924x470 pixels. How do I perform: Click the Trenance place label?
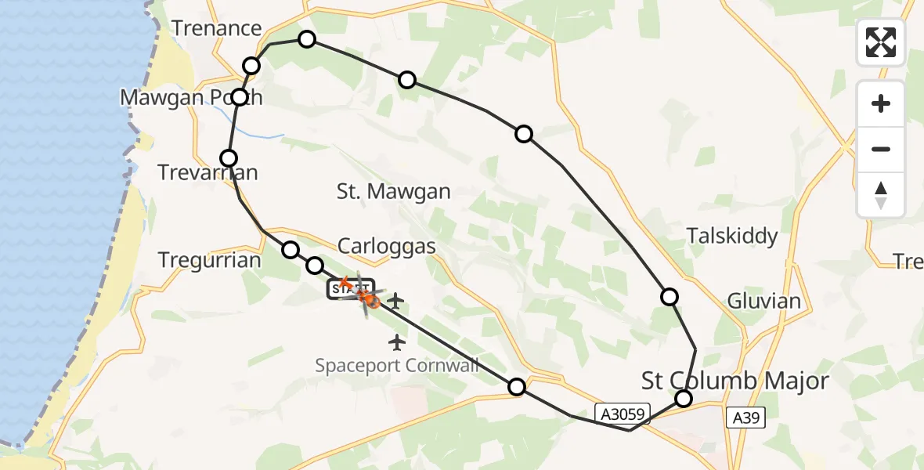pyautogui.click(x=216, y=29)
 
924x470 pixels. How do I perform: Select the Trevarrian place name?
pyautogui.click(x=208, y=172)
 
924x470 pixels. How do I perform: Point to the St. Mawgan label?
pyautogui.click(x=393, y=192)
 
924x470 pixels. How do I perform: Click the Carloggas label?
pyautogui.click(x=386, y=246)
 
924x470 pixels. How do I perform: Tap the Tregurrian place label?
pyautogui.click(x=209, y=260)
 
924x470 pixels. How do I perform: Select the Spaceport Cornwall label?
pyautogui.click(x=397, y=365)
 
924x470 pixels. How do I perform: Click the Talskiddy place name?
pyautogui.click(x=732, y=236)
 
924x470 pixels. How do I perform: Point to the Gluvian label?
pyautogui.click(x=763, y=301)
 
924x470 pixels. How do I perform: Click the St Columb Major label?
pyautogui.click(x=735, y=381)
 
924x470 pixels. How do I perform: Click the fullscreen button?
pyautogui.click(x=881, y=42)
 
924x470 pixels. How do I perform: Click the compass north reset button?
pyautogui.click(x=881, y=195)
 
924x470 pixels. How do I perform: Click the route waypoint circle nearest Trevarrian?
pyautogui.click(x=229, y=158)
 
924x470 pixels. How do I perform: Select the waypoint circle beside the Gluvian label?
pyautogui.click(x=670, y=296)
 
